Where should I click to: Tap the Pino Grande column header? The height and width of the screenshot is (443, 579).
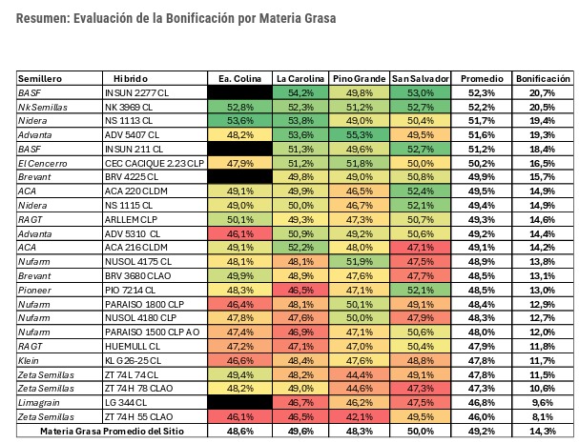pos(361,77)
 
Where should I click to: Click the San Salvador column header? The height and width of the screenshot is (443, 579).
pos(420,77)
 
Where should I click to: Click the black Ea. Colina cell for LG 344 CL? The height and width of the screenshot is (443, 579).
pos(240,403)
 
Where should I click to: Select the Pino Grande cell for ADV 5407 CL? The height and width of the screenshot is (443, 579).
pos(361,135)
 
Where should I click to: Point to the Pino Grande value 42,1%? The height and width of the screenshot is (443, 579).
pos(361,417)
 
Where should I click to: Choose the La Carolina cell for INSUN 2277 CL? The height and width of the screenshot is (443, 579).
pos(301,92)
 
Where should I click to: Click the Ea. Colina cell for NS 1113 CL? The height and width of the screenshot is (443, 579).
pos(240,121)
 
